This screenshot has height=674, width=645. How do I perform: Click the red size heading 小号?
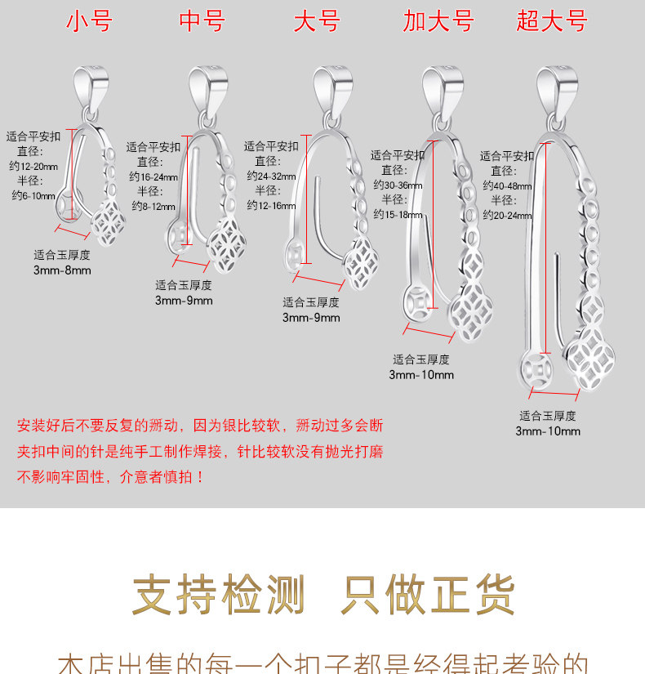[x=89, y=21]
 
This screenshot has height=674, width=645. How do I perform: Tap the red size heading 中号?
[x=202, y=21]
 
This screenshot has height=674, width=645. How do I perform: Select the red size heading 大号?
[x=317, y=21]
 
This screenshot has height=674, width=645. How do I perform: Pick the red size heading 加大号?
[x=438, y=21]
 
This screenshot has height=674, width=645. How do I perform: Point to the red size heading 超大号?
[x=552, y=21]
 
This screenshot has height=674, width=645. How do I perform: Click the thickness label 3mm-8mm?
[x=62, y=270]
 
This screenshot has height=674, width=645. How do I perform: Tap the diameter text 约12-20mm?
[x=33, y=166]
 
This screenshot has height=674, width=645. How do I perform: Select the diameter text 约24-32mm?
[x=271, y=176]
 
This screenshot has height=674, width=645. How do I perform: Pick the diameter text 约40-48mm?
[x=507, y=185]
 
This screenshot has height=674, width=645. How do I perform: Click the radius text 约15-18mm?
[x=398, y=214]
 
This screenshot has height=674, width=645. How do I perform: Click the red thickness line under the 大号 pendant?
[x=318, y=283]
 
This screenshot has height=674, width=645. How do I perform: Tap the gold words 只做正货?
[x=428, y=595]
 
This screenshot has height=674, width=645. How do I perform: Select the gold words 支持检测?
[x=218, y=595]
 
